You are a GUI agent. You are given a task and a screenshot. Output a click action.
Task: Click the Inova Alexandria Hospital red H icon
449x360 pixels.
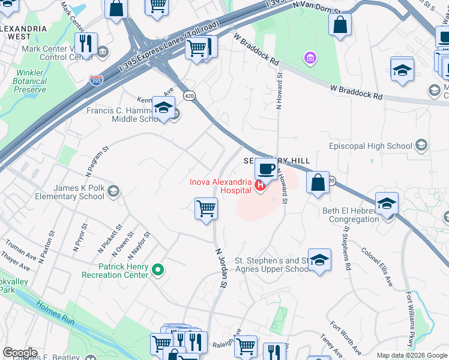[x=261, y=186]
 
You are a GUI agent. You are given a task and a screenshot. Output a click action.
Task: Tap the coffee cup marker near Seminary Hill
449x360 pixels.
[x=266, y=169]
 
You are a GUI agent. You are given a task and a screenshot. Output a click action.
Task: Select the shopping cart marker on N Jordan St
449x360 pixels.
[x=206, y=209]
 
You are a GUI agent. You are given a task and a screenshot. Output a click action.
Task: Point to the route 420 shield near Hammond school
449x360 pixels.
[x=188, y=95]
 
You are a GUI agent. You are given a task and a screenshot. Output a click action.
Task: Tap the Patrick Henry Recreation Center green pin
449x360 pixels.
[x=158, y=270]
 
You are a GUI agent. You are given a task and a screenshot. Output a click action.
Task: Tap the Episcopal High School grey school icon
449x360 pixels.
[x=421, y=145]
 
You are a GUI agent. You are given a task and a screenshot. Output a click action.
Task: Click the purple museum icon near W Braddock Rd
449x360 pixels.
[x=310, y=58]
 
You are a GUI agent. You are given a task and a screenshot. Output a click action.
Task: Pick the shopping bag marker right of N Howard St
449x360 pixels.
[x=318, y=182]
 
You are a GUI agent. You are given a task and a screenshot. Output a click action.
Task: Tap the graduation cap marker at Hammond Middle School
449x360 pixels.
[x=163, y=108]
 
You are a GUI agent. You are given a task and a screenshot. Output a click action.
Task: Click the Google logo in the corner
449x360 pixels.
[x=20, y=353]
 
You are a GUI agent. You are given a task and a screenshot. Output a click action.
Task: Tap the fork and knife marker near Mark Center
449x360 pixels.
[x=87, y=44]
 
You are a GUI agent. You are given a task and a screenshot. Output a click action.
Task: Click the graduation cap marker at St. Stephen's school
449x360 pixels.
[x=320, y=260]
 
